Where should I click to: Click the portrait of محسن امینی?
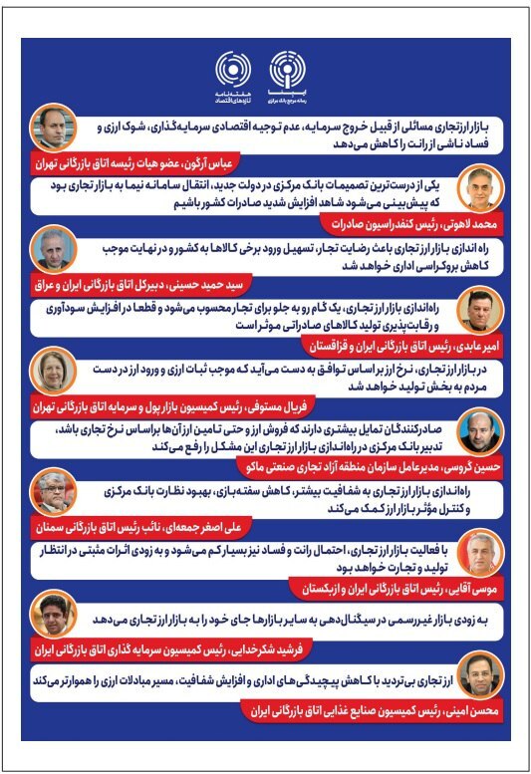tap(476, 683)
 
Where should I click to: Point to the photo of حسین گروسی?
tap(476, 436)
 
